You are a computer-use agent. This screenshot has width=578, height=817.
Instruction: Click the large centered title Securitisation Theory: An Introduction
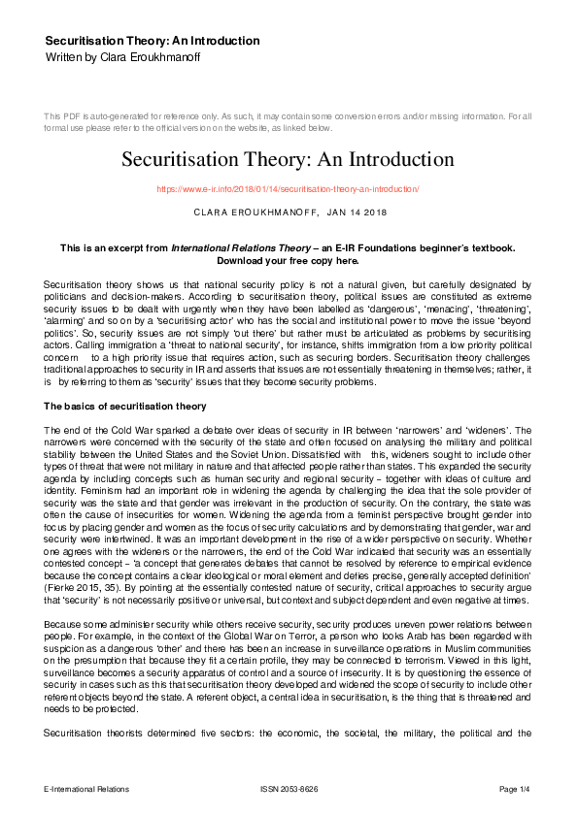coord(288,158)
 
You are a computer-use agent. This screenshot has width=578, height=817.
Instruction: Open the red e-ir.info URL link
coord(288,189)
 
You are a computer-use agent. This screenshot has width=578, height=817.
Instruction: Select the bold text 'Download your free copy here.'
coord(288,261)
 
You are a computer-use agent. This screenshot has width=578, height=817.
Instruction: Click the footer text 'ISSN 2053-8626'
coord(288,790)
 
